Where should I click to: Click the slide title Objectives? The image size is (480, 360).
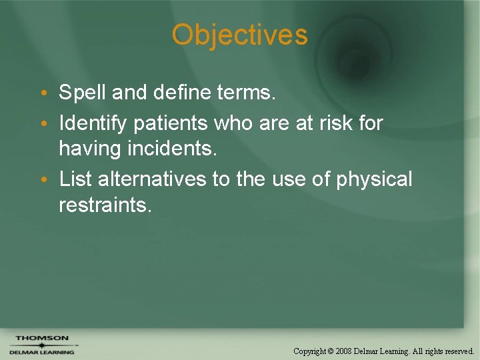[x=240, y=35]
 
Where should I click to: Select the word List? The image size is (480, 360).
[x=74, y=179]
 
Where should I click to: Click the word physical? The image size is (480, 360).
[x=375, y=179]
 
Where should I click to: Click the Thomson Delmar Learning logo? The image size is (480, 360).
[x=41, y=345]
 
